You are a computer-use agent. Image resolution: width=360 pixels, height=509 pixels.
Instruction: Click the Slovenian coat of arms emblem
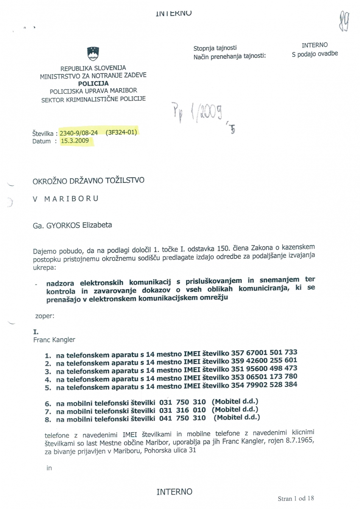[93, 53]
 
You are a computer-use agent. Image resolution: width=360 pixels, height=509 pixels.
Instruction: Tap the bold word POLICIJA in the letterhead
[93, 84]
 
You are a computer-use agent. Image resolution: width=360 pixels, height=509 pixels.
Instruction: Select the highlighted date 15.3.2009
[75, 140]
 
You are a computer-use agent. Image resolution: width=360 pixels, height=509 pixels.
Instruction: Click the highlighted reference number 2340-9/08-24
[79, 132]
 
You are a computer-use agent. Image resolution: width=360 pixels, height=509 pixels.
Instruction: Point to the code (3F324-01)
[121, 132]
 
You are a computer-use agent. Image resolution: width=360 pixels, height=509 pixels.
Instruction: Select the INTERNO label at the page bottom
[174, 492]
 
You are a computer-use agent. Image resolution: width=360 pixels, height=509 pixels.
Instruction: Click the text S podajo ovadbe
[315, 53]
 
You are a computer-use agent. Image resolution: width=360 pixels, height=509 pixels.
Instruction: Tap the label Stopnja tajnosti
[215, 49]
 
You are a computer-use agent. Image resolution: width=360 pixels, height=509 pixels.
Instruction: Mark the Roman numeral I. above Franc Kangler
[35, 332]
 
